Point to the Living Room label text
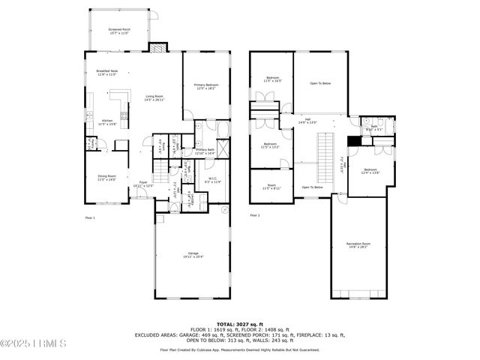(145, 97)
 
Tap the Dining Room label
(106, 178)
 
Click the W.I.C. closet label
(213, 180)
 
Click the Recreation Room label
(358, 244)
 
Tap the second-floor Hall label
(307, 121)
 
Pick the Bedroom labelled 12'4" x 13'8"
(370, 172)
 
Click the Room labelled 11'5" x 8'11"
(271, 187)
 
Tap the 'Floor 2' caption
(255, 216)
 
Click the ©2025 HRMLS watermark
(34, 344)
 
